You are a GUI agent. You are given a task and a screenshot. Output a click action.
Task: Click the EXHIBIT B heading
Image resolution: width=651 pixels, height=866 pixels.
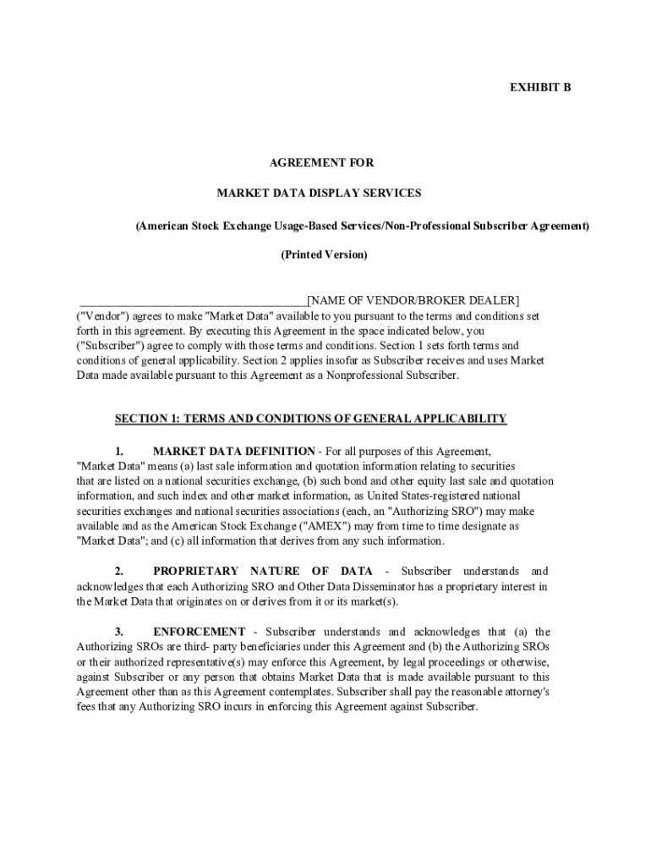coord(539,87)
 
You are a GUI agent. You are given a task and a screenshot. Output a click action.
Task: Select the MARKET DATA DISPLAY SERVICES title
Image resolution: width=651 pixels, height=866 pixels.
coord(319,194)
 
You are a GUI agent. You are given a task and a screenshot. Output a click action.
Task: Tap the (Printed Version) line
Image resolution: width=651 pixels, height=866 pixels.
coord(324,255)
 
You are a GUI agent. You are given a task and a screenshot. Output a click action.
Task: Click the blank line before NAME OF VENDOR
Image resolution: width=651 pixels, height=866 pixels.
coord(193,300)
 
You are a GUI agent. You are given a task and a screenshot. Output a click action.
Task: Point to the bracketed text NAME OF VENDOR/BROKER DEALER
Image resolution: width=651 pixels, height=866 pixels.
coord(413,300)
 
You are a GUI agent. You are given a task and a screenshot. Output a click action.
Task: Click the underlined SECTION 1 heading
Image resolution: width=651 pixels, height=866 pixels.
coord(310,419)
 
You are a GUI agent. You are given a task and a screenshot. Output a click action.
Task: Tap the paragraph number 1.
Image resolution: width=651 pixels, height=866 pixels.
coord(120,451)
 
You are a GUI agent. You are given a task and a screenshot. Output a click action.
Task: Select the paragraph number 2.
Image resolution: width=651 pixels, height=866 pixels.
coord(120,572)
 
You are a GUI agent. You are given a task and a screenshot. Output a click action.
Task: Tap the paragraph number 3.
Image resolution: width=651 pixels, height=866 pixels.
coord(120,632)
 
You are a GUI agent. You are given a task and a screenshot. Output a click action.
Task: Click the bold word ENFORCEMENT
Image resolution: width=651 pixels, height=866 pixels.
coord(200,632)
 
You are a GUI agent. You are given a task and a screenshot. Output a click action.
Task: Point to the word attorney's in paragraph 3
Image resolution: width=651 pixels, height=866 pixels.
coord(524,692)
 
